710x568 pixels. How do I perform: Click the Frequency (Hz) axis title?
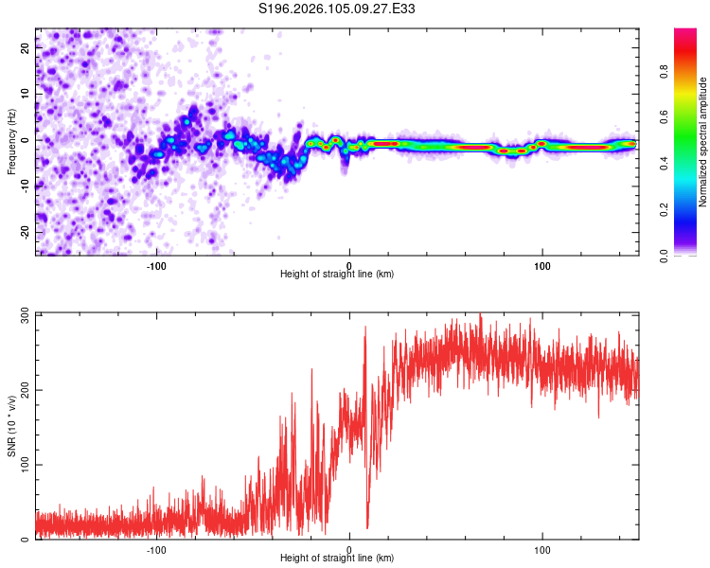(11, 142)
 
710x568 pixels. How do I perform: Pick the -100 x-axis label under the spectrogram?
(156, 265)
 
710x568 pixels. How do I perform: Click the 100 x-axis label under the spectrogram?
(542, 265)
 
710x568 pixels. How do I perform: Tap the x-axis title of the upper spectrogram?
(337, 275)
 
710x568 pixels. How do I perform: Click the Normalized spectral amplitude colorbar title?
(703, 142)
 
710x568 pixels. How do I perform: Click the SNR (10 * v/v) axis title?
(11, 426)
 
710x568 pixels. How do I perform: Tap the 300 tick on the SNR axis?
(26, 313)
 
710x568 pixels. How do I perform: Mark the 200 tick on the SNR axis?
(26, 389)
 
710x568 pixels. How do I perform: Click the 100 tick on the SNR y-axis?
(26, 465)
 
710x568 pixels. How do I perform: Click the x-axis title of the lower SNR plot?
(337, 559)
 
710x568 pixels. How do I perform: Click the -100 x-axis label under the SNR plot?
(156, 549)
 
